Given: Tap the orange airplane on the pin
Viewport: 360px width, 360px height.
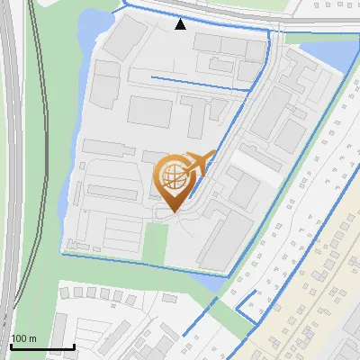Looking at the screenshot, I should (199, 162).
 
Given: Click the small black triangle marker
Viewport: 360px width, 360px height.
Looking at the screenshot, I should (181, 24).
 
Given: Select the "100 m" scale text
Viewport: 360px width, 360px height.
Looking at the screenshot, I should (23, 338).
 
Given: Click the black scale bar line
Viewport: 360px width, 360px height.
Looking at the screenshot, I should (41, 347).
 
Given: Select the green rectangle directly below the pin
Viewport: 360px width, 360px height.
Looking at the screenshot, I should (156, 241).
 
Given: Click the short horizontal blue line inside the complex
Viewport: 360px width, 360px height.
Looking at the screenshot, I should (198, 83).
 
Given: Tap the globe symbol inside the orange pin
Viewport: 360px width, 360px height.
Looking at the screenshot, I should (174, 175).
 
